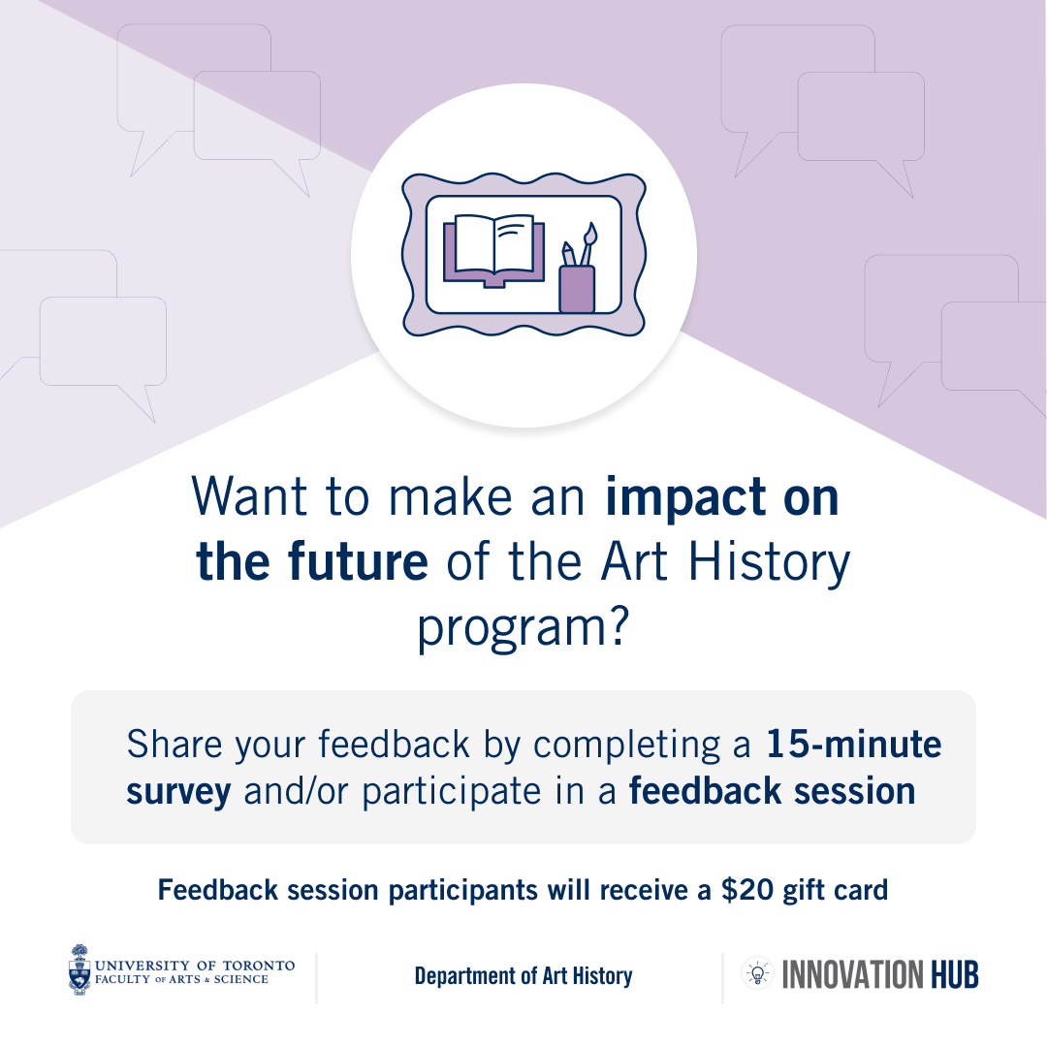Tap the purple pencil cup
(x=577, y=289)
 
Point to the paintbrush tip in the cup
(x=590, y=233)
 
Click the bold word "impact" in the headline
(x=685, y=498)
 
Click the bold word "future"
(x=358, y=561)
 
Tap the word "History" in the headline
(x=769, y=563)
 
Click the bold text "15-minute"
(x=853, y=744)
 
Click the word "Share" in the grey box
(x=174, y=744)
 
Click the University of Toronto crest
(x=79, y=969)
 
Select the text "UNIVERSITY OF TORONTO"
(x=195, y=966)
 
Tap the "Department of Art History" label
(x=523, y=976)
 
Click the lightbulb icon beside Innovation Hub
(x=757, y=973)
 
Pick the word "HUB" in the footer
(x=954, y=974)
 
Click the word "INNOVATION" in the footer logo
(x=853, y=974)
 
